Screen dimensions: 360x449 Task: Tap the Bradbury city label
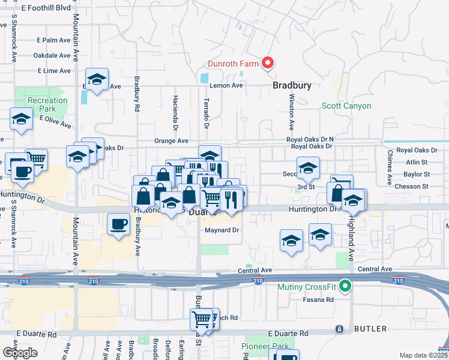[292, 86]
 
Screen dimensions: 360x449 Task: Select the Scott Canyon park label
[346, 106]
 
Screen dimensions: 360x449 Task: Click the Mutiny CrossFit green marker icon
[345, 287]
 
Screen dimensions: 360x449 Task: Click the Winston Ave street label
[292, 112]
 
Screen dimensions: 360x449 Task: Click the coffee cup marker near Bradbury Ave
[118, 225]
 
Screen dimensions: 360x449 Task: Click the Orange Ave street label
[171, 141]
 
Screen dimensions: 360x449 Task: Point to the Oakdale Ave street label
[52, 55]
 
